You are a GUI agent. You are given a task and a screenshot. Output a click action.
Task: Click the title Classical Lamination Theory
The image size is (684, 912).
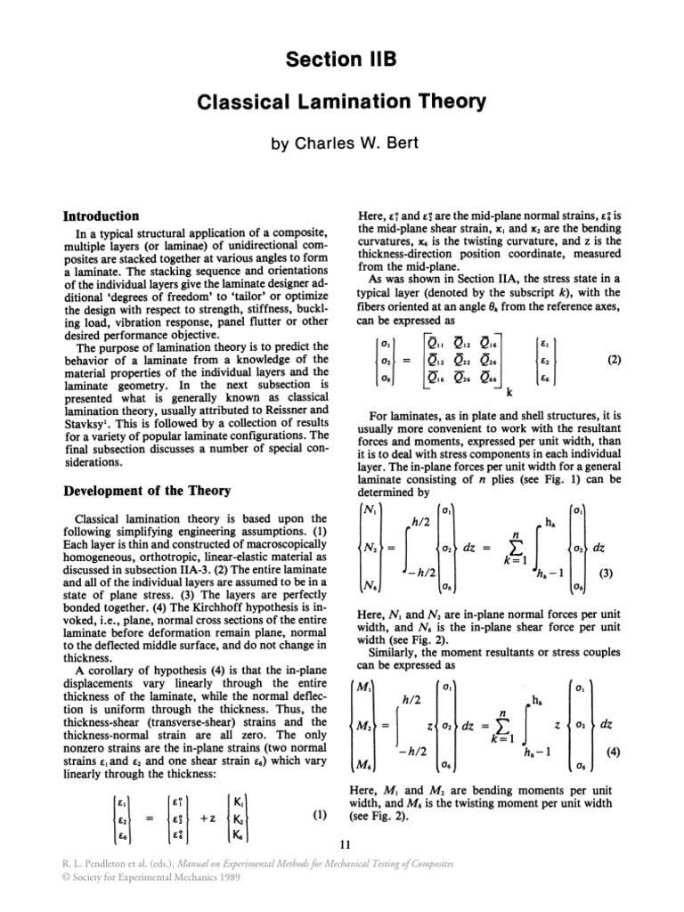pos(342,102)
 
